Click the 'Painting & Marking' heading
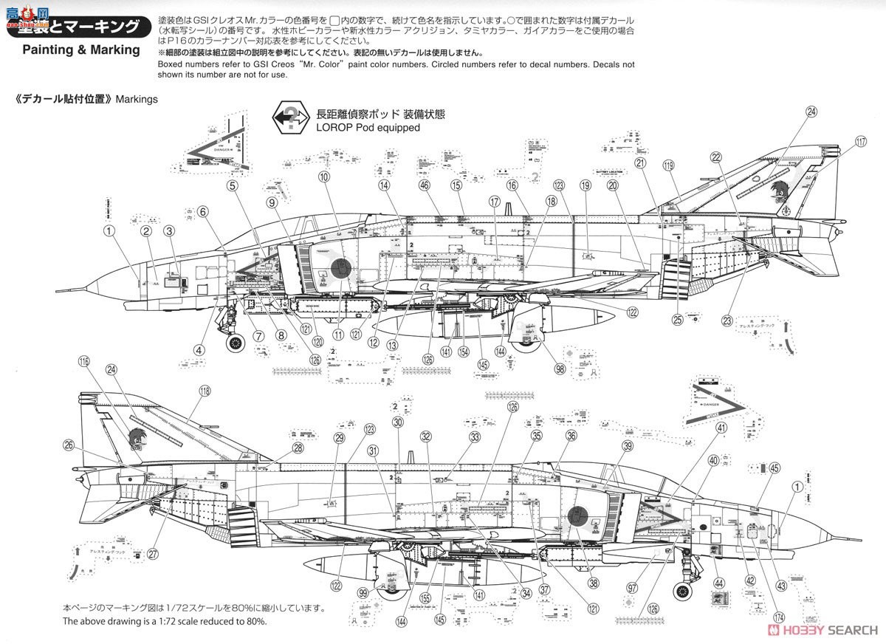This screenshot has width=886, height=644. click(x=80, y=50)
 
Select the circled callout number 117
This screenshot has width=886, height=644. click(x=860, y=143)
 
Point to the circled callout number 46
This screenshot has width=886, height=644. click(x=424, y=185)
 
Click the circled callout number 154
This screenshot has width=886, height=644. click(x=463, y=352)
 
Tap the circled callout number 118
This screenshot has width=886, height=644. click(x=205, y=391)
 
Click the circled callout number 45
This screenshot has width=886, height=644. click(x=774, y=467)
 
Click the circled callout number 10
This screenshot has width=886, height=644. click(x=323, y=177)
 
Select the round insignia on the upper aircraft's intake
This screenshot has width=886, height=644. click(x=340, y=268)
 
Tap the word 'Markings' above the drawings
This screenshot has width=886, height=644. click(x=137, y=99)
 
